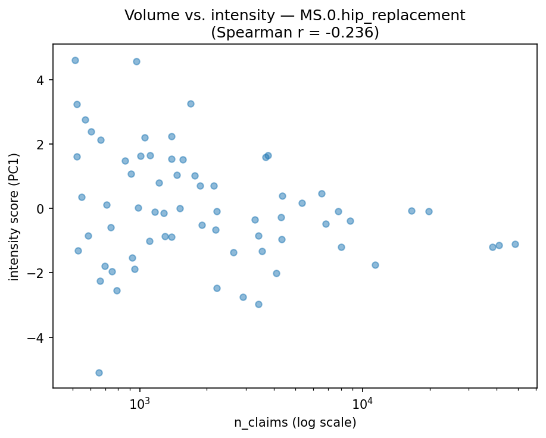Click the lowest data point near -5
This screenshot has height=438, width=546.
point(99,373)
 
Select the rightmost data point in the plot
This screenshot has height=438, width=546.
point(515,244)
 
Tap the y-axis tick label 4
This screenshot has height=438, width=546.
point(40,80)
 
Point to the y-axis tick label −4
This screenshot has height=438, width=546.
point(37,337)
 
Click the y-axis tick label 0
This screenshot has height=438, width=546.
point(40,209)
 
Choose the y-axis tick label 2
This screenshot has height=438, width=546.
point(40,145)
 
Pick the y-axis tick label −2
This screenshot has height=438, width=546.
point(37,273)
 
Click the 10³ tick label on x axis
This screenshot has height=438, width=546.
point(140,402)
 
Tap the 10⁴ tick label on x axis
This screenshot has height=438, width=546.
point(363,402)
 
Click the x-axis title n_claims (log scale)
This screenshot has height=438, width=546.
point(295,423)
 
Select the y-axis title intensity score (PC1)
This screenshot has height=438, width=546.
point(14,217)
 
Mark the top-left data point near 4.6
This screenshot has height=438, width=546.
point(75,60)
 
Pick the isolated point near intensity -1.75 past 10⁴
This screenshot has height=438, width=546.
point(375,265)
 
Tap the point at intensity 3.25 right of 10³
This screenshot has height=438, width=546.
point(191,104)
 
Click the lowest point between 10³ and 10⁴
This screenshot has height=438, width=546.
point(258,304)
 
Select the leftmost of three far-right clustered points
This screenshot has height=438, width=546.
point(492,247)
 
